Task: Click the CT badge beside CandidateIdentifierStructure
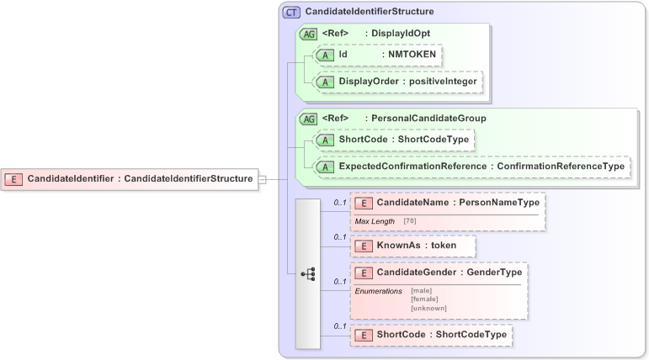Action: [291, 12]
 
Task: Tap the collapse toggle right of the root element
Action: [263, 179]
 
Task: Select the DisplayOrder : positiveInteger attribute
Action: [398, 82]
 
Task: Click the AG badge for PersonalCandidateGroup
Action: [308, 119]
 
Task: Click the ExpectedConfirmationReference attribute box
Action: [472, 167]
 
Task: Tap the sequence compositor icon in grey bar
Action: [307, 273]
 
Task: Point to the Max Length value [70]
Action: [410, 221]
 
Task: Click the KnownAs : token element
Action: [412, 246]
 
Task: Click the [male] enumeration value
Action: [423, 291]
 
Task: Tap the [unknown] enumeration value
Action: [428, 308]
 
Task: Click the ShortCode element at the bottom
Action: [431, 335]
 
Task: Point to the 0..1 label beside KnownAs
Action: [340, 237]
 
